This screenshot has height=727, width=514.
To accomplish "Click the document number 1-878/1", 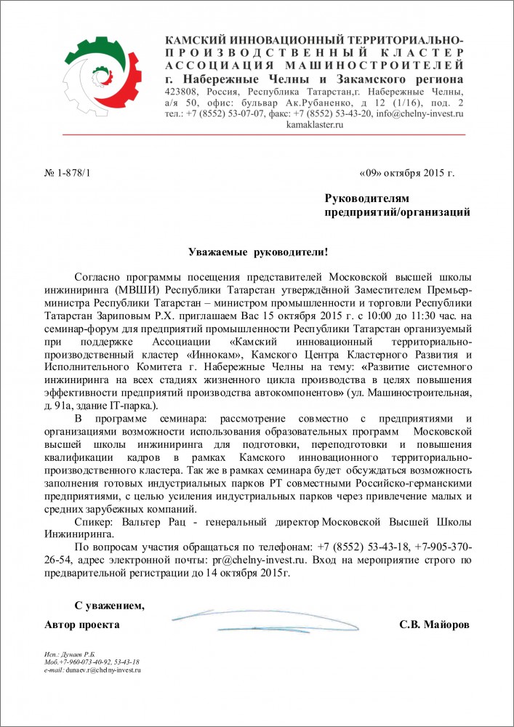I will click(x=69, y=173).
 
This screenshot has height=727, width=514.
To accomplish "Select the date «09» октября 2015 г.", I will click(x=406, y=173).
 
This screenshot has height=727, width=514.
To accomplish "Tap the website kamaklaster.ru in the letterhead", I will click(x=315, y=125).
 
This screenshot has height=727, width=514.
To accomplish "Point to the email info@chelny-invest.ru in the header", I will click(x=420, y=113).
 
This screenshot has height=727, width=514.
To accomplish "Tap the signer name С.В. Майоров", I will click(x=434, y=625).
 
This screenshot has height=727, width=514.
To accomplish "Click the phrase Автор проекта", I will click(x=82, y=625).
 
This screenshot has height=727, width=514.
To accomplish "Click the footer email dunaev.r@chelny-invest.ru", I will click(x=103, y=670).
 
